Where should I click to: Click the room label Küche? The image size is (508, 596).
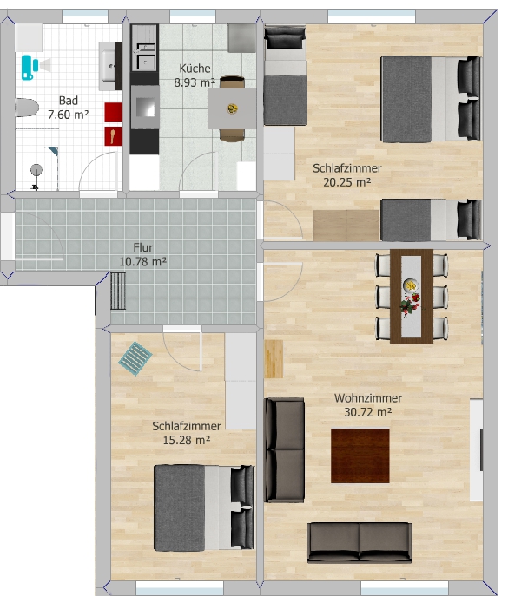[195, 69]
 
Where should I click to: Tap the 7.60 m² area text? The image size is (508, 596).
[69, 115]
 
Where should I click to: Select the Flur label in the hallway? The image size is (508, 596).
[143, 247]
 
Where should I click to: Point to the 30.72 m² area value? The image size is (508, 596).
[368, 412]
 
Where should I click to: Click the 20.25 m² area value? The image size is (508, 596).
[347, 182]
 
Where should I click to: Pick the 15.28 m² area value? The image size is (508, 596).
[187, 440]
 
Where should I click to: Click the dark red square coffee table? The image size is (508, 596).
[360, 455]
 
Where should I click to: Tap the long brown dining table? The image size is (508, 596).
[412, 297]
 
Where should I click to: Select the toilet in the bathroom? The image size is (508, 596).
[27, 108]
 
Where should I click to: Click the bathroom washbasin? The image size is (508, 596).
[108, 66]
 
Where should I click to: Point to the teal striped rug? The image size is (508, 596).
[135, 358]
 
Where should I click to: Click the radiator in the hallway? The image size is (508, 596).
[118, 291]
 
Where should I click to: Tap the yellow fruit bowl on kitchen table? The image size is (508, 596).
[232, 109]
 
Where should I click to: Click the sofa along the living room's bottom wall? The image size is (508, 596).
[360, 542]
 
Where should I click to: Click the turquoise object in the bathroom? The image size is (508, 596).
[28, 68]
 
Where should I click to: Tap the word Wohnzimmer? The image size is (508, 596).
[368, 398]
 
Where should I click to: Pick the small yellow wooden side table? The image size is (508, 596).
[274, 359]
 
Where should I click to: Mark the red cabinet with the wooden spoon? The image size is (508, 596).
[114, 136]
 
